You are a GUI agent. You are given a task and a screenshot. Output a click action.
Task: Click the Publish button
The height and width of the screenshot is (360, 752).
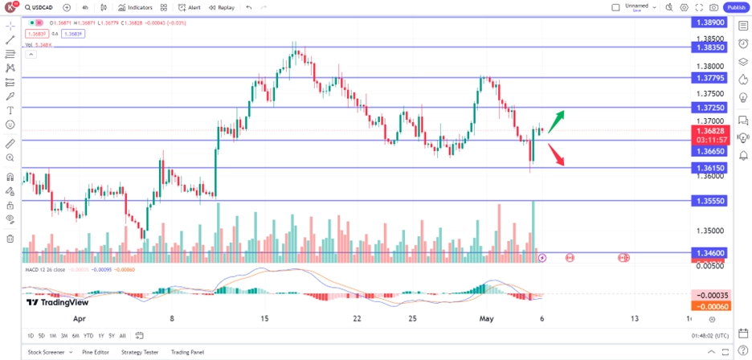coord(735,7)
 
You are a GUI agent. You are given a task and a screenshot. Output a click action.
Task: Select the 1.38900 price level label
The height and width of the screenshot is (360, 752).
coord(709,24)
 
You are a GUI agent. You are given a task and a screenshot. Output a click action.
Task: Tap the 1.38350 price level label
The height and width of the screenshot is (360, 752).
coord(709,47)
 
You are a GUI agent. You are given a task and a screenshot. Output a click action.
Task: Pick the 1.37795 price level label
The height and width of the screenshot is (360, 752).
coord(709,77)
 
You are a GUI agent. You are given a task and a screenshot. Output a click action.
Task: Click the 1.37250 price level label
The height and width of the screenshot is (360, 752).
coord(709,107)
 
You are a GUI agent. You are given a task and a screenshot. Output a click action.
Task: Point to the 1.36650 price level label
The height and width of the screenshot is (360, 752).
coord(709,150)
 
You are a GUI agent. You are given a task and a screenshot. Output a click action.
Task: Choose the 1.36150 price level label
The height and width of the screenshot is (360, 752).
coord(709,168)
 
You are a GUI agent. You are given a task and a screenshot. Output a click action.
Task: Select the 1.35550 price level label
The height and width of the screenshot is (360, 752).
coord(709,200)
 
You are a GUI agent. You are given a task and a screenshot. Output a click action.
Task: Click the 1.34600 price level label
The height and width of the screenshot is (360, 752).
coord(709,252)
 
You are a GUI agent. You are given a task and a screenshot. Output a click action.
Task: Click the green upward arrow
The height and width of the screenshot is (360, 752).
coord(556,117)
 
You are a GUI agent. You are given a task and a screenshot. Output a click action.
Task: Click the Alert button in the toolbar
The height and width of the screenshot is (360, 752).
coord(190,7)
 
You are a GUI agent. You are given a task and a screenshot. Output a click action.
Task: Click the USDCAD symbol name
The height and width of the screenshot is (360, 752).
coord(43,7)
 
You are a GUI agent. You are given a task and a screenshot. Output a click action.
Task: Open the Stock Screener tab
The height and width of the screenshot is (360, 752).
coord(46,352)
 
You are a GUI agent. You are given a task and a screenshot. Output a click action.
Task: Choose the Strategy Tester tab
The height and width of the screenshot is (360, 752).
coord(140,352)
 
